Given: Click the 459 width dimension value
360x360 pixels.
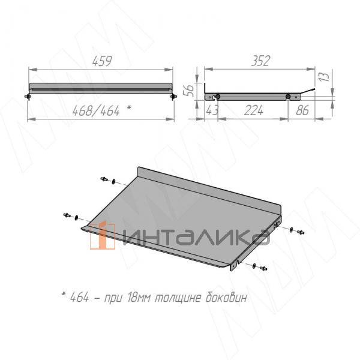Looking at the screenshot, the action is (102, 61).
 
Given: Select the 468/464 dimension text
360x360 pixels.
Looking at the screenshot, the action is (96, 110).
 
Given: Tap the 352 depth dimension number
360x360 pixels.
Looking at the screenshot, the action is (260, 61).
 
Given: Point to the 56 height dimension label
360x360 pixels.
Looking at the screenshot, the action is (188, 91).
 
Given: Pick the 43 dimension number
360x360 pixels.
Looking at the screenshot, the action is (212, 110).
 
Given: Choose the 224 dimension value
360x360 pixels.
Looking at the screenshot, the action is (253, 110).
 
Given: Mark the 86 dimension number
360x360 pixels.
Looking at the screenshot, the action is (302, 110).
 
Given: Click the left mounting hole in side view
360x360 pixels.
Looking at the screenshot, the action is (218, 97).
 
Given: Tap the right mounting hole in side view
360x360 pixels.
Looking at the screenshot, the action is (288, 97).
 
